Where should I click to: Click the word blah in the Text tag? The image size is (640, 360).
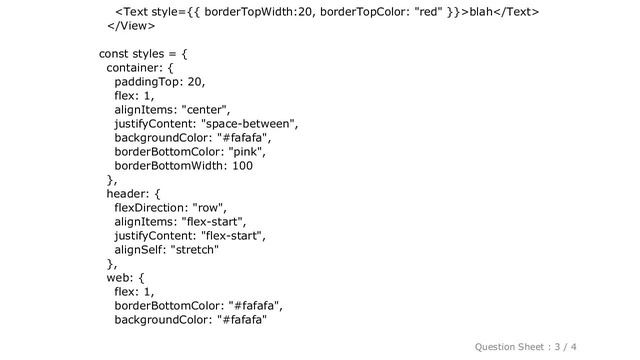pyautogui.click(x=484, y=12)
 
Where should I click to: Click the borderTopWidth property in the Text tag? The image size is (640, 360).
pyautogui.click(x=231, y=12)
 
